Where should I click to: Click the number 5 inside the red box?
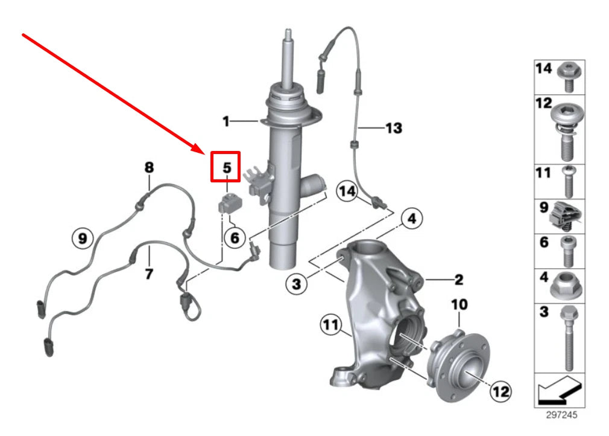click(x=226, y=167)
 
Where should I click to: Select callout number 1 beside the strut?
click(x=226, y=122)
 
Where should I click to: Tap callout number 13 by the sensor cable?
click(x=394, y=128)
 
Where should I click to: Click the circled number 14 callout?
click(x=348, y=191)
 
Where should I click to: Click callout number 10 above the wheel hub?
click(x=459, y=305)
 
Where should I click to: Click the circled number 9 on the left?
click(x=83, y=239)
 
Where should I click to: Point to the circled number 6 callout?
click(x=235, y=237)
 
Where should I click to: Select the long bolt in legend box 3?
click(x=566, y=338)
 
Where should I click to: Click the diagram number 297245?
click(x=561, y=415)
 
